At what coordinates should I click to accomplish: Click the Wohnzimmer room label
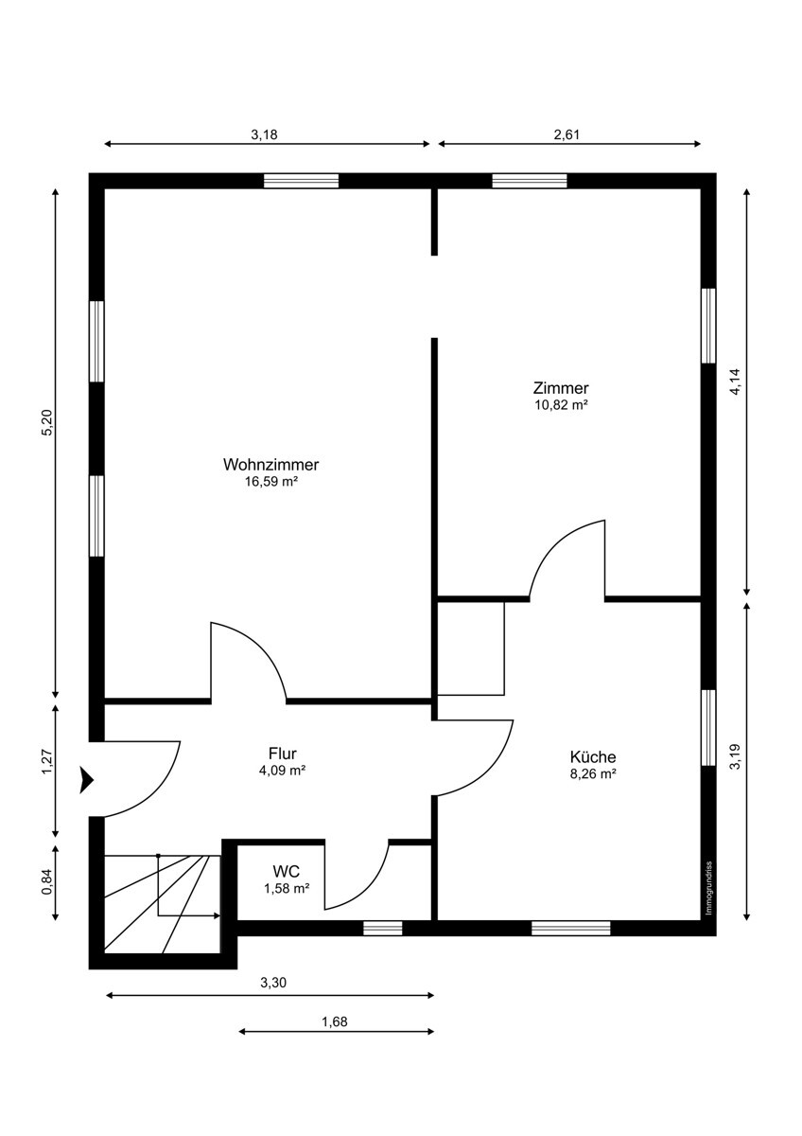point(270,465)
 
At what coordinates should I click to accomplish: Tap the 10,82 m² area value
point(561,404)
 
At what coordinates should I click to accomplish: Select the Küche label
point(593,756)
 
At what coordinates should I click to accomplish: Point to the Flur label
point(283,754)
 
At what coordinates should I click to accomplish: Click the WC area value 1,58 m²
point(286,888)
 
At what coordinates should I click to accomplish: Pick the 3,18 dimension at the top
point(264,134)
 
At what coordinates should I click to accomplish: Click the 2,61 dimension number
point(567,134)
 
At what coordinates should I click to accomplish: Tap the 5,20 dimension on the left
point(46,424)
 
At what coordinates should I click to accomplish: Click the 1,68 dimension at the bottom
point(335,1021)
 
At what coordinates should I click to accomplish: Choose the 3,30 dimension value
point(272,984)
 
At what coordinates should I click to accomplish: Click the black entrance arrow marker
point(87,779)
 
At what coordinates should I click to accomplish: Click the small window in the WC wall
point(382,928)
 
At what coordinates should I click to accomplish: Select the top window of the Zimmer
point(529,181)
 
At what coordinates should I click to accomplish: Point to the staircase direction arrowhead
point(217,916)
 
